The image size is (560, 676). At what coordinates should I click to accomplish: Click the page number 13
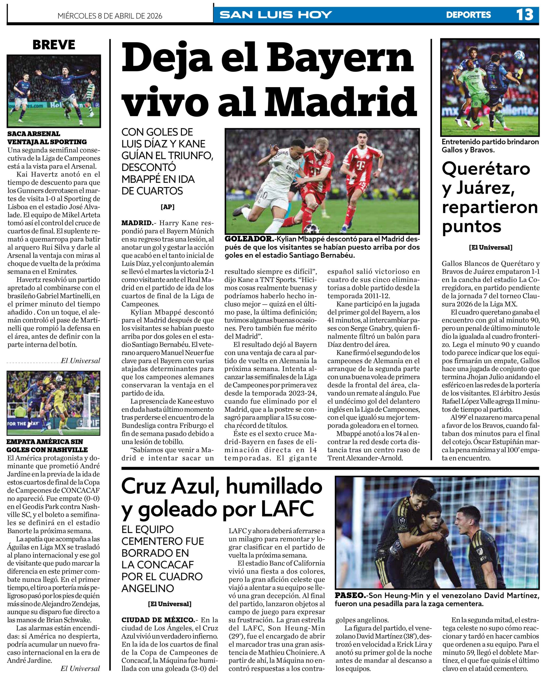point(525,15)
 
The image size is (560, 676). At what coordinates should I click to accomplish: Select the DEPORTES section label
point(468,15)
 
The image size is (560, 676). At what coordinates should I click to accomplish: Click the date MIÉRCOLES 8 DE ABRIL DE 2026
point(110,16)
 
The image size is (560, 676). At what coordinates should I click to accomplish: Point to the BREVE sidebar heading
point(54,45)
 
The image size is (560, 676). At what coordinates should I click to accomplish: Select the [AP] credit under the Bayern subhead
point(167,207)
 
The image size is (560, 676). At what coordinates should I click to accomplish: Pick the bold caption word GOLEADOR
point(249,239)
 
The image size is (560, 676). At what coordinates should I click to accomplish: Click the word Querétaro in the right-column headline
point(486,168)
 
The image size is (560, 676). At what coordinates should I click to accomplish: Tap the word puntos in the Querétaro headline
point(472,226)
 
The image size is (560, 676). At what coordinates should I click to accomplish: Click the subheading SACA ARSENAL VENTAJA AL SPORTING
point(47,138)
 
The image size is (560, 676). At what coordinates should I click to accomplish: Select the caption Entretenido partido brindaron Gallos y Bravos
point(490,146)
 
